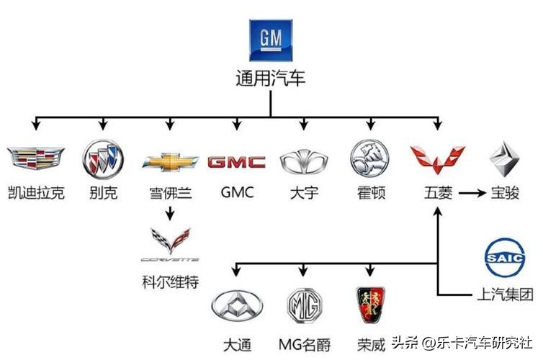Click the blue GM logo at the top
271,40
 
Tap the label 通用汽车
271,78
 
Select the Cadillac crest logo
35,159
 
